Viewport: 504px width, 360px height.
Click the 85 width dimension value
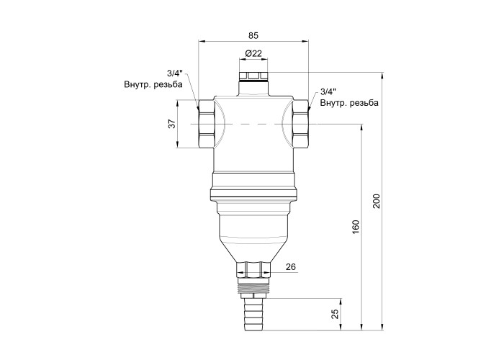coord(253,35)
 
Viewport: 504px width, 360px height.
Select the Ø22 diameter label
coord(253,53)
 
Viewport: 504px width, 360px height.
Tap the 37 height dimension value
coord(173,124)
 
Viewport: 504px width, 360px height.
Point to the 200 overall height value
coord(376,201)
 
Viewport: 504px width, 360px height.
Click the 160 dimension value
coord(356,227)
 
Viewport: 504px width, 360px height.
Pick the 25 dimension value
coord(336,314)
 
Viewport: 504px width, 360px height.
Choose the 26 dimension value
coord(291,267)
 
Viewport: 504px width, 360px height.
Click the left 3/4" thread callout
coord(174,73)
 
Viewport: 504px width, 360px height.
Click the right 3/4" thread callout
coord(328,91)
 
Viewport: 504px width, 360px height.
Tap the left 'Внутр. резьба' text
coord(153,84)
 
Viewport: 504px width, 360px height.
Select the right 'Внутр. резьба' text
coord(349,103)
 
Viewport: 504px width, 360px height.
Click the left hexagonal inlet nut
coord(206,124)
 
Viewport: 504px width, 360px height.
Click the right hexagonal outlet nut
coord(300,124)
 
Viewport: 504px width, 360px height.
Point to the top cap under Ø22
coord(253,76)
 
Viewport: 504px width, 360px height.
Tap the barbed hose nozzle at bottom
coord(253,314)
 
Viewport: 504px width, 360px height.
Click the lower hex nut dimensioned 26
coord(253,270)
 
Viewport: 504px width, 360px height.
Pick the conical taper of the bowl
coord(253,250)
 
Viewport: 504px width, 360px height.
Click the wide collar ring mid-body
coord(253,186)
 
